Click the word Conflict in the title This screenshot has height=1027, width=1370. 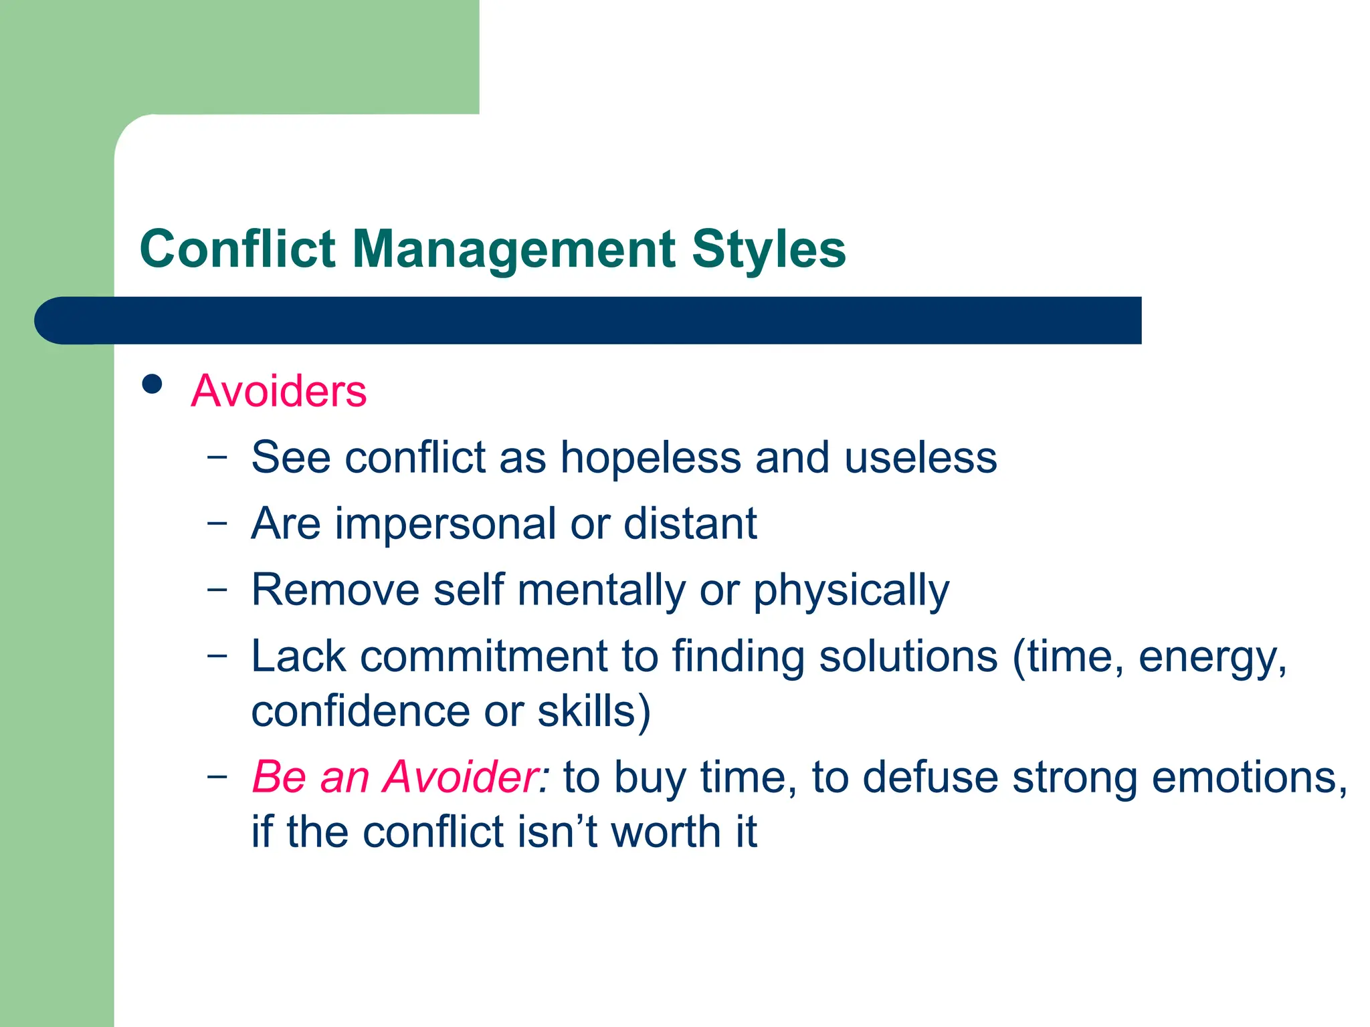pos(237,249)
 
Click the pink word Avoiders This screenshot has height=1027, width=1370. pos(278,390)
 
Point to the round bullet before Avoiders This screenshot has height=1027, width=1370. pos(153,384)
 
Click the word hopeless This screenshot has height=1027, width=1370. pos(650,459)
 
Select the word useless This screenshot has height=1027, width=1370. pos(920,459)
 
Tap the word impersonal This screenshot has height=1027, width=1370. pos(446,524)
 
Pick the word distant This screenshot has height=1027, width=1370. pos(690,524)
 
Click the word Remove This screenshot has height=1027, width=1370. pos(336,590)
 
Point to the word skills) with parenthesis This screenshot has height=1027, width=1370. pos(594,711)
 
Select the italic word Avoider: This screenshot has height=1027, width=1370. pos(467,778)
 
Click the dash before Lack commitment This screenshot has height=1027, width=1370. pos(217,655)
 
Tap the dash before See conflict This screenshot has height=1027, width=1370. pos(217,457)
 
